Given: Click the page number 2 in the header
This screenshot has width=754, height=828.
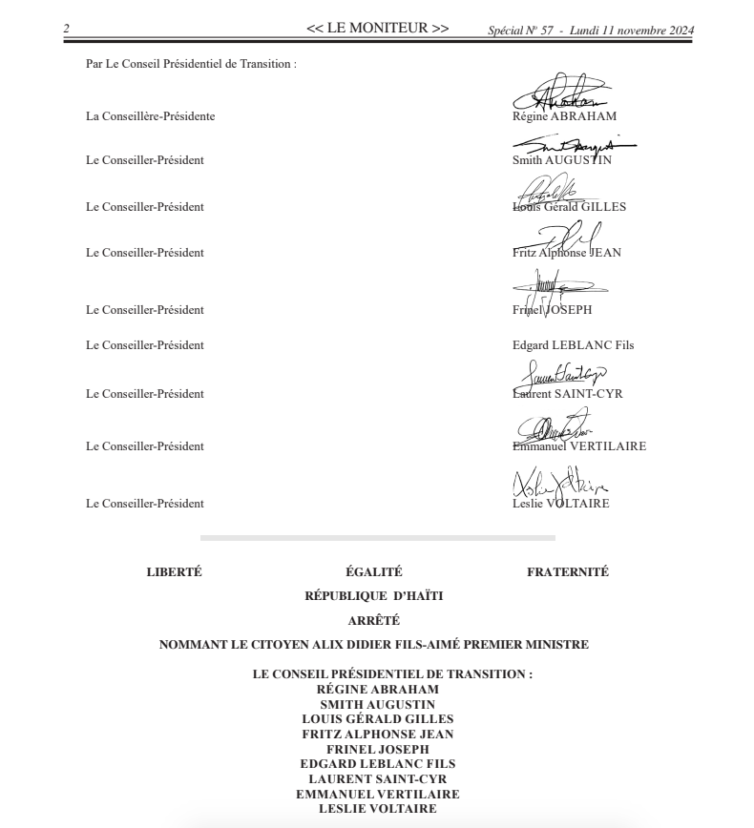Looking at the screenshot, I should click(x=66, y=30).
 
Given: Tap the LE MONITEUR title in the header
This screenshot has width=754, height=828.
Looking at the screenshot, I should click(x=377, y=29).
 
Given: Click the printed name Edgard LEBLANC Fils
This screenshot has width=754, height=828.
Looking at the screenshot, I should click(x=573, y=345).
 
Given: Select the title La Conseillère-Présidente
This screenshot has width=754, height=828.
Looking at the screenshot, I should click(x=150, y=116).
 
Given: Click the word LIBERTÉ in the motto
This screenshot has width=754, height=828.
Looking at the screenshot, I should click(x=174, y=572).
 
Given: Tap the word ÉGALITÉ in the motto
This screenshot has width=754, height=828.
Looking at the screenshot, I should click(x=373, y=572).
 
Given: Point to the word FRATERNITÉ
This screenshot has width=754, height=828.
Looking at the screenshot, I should click(x=567, y=572).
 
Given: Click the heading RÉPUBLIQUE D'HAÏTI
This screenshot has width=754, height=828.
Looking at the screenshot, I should click(x=373, y=596).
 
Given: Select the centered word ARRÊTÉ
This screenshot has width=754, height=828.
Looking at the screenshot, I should click(x=373, y=620).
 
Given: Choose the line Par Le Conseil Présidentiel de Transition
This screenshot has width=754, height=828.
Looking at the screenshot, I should click(x=191, y=64).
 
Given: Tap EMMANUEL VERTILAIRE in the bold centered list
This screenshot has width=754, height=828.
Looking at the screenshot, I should click(x=377, y=794).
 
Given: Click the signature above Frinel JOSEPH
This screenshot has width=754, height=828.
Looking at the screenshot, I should click(x=554, y=286).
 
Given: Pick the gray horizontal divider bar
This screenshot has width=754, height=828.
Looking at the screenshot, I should click(x=377, y=538).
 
